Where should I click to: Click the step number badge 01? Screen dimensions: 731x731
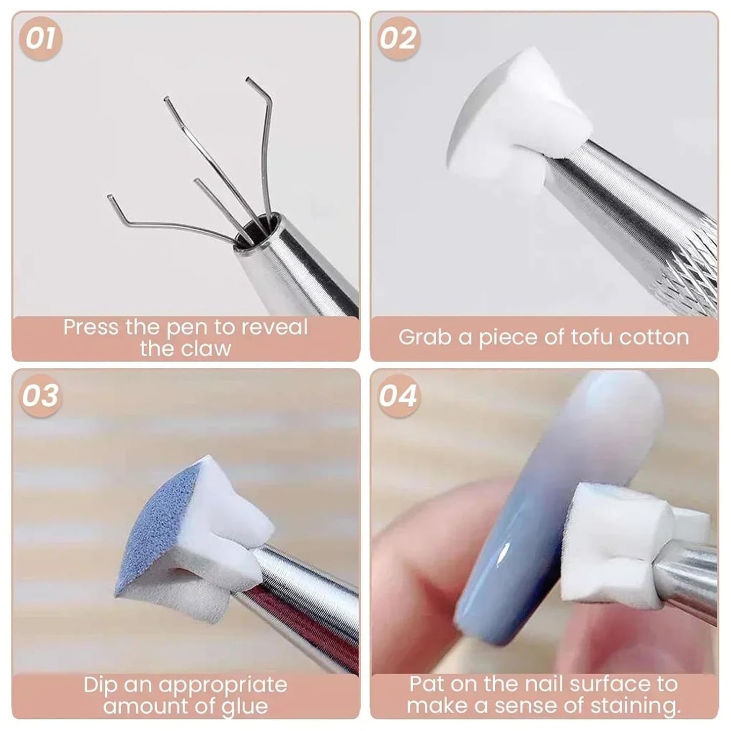click(x=40, y=39)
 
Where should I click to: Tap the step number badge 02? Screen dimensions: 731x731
click(x=398, y=39)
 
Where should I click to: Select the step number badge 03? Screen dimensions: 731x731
click(x=40, y=396)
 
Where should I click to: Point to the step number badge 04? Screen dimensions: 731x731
click(x=398, y=396)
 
